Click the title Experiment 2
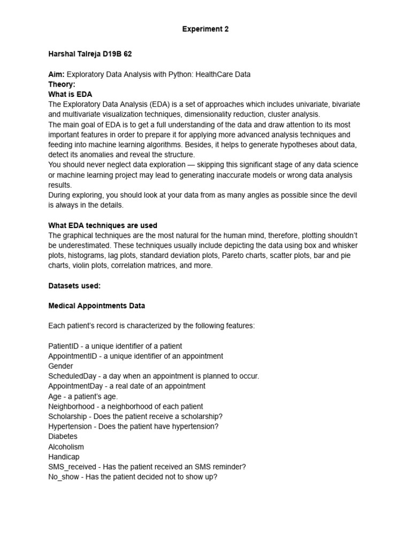tap(205, 29)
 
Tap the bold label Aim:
tap(56, 74)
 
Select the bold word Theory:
tap(62, 84)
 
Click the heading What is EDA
tap(70, 94)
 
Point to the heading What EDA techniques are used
tap(103, 225)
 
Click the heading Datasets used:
tap(74, 286)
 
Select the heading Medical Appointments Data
tap(96, 306)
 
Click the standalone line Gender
tap(60, 366)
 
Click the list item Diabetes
tap(63, 436)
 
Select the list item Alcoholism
tap(66, 446)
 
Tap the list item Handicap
tap(64, 456)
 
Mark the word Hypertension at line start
tap(70, 427)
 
